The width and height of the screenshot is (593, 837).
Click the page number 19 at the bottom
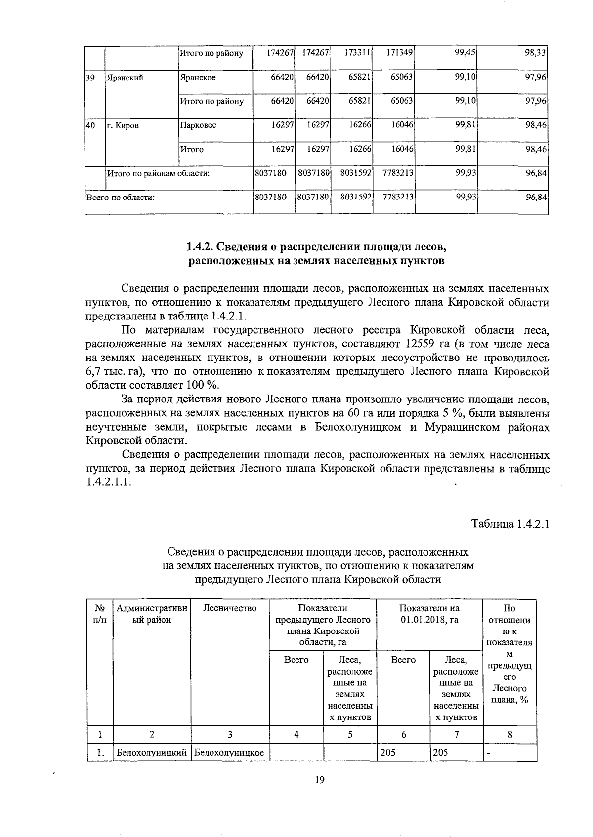319,780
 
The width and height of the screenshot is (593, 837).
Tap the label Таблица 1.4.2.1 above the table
510,524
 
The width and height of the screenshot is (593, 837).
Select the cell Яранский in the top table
124,78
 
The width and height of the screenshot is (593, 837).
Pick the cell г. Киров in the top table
123,125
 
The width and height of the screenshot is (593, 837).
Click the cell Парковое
198,125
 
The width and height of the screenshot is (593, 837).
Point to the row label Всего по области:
121,198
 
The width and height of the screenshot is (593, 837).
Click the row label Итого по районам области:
159,173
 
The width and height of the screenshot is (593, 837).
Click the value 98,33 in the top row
535,53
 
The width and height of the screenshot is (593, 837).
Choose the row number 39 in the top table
90,78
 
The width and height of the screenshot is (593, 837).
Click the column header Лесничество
230,608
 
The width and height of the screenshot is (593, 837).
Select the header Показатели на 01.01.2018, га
429,614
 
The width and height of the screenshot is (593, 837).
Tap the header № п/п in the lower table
99,614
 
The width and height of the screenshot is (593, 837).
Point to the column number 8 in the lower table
509,734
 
